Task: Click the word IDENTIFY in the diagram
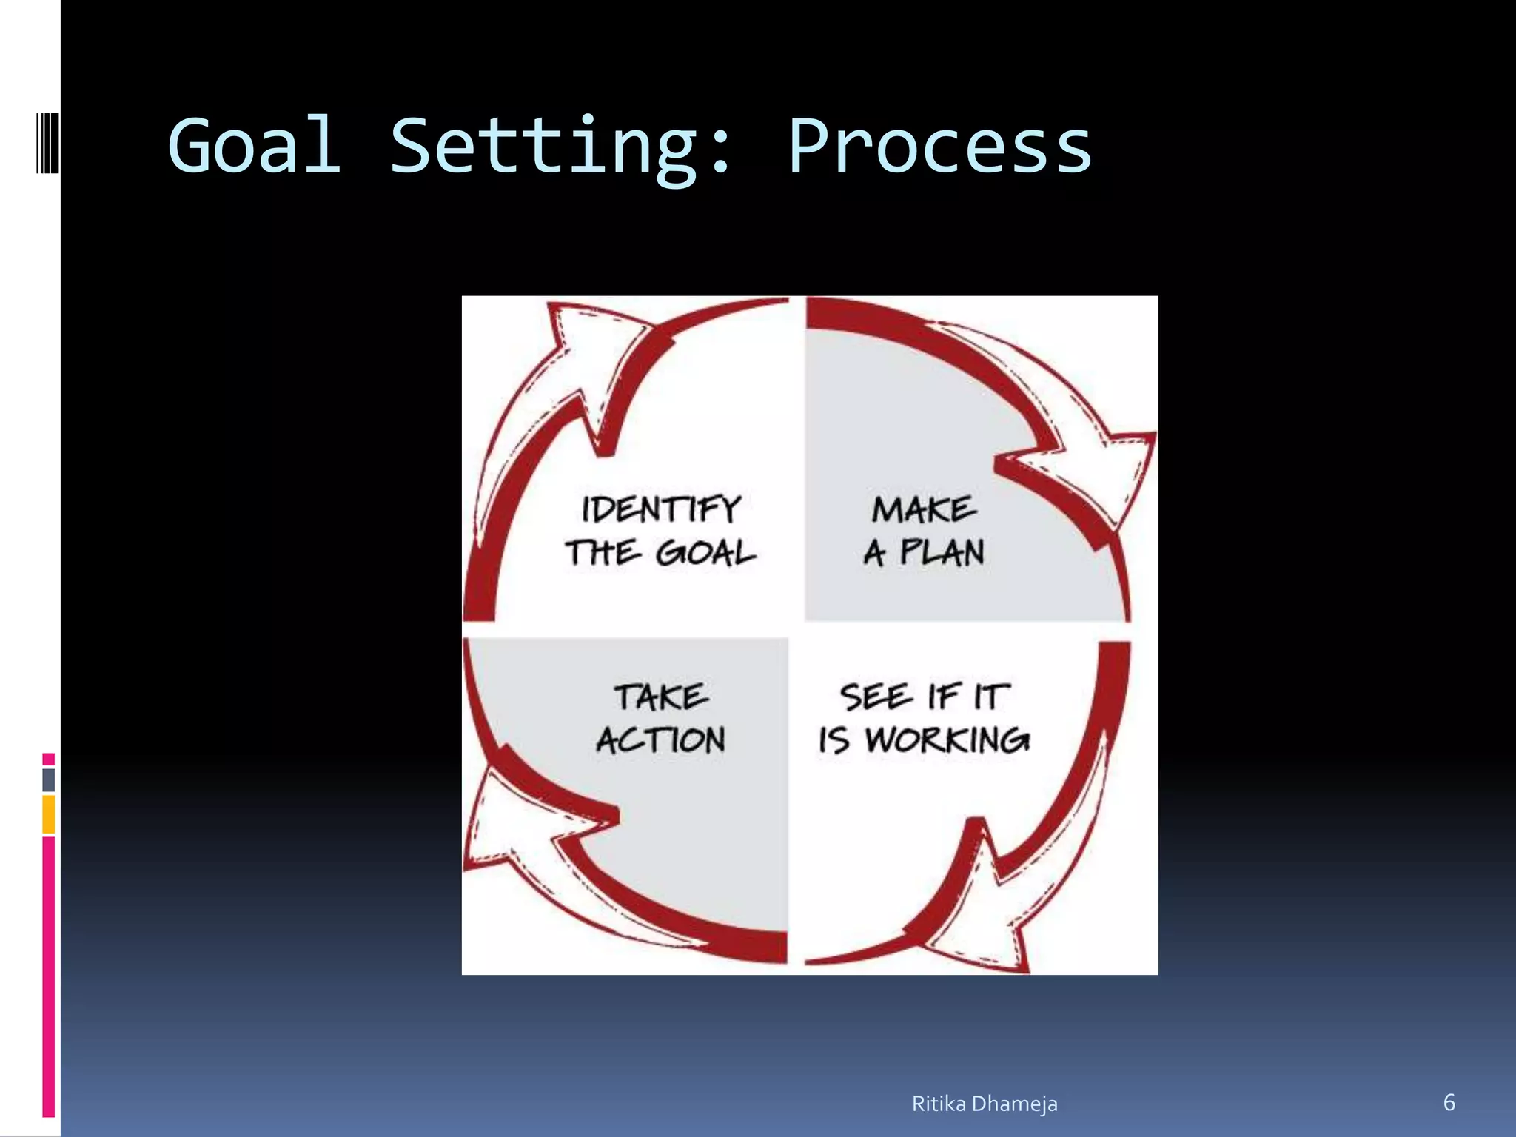661,509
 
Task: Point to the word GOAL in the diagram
706,553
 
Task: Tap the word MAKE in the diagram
924,509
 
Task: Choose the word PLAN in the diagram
942,553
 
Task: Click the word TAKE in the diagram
661,697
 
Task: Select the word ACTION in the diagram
661,740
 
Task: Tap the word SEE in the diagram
875,697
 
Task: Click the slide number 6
1449,1103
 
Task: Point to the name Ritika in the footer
939,1104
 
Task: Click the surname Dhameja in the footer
1015,1104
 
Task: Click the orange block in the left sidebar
49,814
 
